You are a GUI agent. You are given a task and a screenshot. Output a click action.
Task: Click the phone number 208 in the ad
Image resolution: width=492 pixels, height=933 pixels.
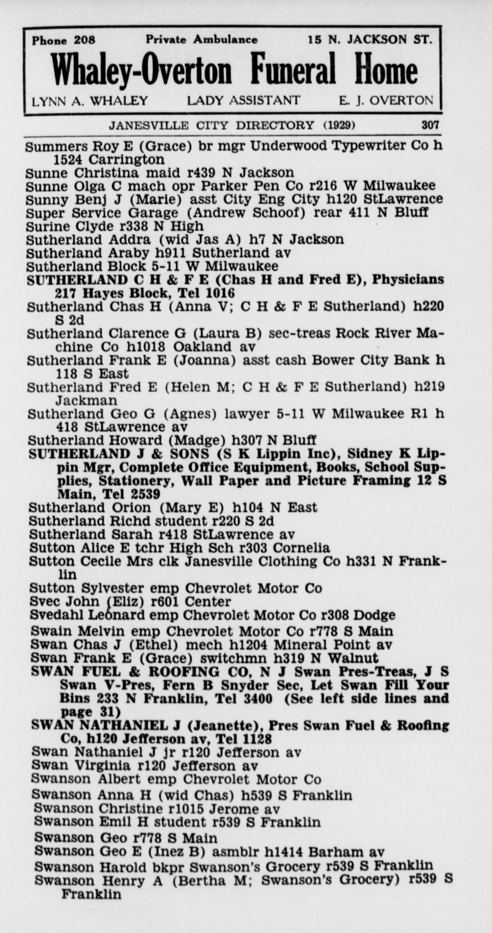pos(84,40)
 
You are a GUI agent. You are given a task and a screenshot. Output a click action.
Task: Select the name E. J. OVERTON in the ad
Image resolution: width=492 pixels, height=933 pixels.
pos(386,100)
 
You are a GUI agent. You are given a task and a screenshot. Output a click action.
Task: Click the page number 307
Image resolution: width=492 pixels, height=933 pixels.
pos(430,125)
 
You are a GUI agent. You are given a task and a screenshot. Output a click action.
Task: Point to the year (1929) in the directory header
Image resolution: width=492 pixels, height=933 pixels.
pos(339,125)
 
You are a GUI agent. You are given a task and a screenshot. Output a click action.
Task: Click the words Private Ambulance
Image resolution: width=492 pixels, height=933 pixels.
pos(202,40)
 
